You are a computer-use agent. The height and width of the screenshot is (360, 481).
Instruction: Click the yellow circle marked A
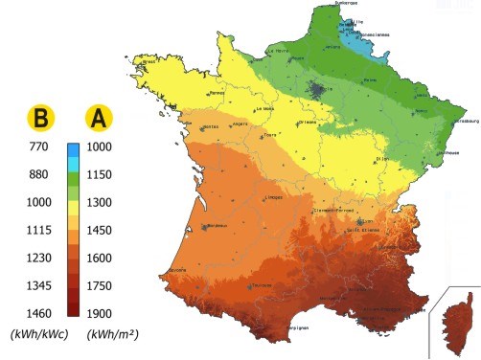(x=100, y=117)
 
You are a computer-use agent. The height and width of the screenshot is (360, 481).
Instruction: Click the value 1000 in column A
(x=101, y=147)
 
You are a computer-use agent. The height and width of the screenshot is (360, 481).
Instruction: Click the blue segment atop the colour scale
(x=73, y=154)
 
